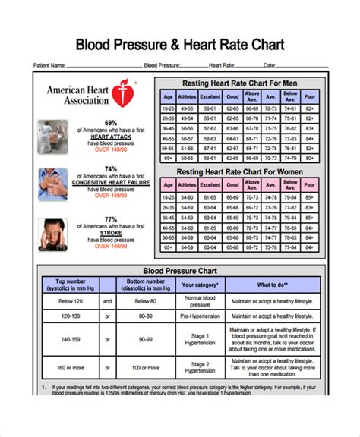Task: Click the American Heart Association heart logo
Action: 122,94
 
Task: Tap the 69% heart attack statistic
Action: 111,123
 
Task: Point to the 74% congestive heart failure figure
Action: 111,169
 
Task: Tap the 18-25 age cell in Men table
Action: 168,109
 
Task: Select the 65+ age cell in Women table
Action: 168,247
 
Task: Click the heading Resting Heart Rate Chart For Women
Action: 239,172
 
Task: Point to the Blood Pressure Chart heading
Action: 180,271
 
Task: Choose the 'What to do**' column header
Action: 271,285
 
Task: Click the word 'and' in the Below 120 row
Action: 107,300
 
